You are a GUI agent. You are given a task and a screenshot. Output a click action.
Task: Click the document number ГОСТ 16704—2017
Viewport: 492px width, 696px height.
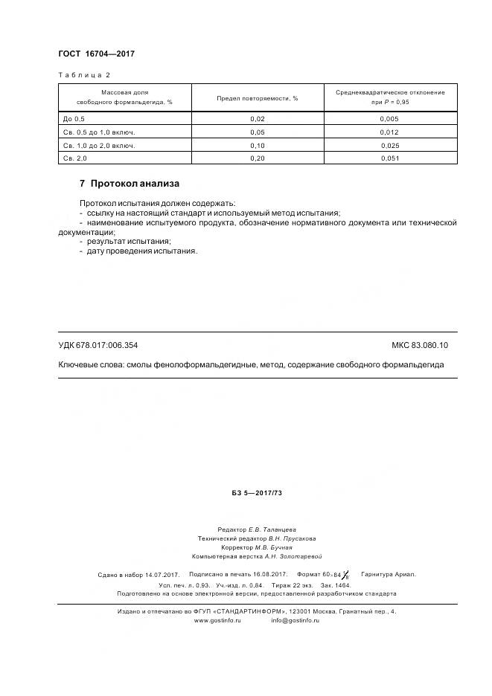(x=96, y=54)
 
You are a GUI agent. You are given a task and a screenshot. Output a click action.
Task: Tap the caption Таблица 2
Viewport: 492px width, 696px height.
(x=84, y=75)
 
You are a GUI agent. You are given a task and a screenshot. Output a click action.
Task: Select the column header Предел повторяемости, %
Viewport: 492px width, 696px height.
(x=258, y=97)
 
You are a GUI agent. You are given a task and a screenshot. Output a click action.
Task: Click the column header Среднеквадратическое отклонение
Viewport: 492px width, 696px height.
(x=390, y=92)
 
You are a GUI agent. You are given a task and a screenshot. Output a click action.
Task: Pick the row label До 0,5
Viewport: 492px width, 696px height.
(x=75, y=119)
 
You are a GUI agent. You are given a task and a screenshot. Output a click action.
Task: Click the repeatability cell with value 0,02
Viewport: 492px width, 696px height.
(x=258, y=119)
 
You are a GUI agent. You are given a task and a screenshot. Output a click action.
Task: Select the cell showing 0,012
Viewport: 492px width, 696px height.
(x=390, y=132)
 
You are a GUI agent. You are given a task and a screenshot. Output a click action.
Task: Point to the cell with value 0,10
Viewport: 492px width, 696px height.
(x=258, y=145)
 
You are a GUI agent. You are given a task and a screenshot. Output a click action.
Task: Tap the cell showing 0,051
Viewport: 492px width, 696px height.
(x=390, y=158)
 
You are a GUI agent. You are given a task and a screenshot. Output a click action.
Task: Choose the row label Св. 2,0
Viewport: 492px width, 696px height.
(x=76, y=158)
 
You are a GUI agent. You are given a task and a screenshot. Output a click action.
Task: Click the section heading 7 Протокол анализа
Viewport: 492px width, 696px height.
(x=130, y=184)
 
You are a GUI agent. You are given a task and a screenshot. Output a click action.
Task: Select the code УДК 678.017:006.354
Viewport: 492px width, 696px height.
(x=98, y=345)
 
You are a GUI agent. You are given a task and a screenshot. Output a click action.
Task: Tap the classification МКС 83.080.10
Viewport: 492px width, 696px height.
(x=425, y=345)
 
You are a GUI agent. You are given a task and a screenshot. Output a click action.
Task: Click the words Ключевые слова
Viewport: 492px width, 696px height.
(x=90, y=365)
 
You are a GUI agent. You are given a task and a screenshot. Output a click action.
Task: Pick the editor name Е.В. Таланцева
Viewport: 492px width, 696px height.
(x=272, y=529)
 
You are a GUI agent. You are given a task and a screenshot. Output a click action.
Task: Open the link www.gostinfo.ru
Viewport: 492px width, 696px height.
(x=217, y=620)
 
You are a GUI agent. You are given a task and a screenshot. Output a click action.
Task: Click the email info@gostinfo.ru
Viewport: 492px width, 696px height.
(x=295, y=620)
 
